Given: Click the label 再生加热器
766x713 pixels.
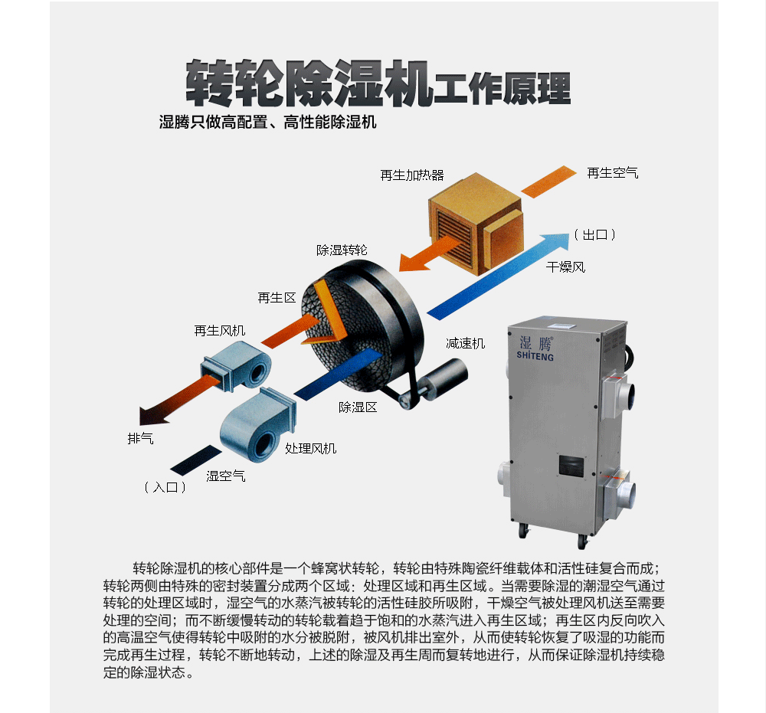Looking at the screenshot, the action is pyautogui.click(x=412, y=175).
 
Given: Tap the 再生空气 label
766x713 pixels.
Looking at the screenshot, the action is pyautogui.click(x=612, y=173).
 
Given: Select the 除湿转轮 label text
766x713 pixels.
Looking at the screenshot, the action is pyautogui.click(x=342, y=250).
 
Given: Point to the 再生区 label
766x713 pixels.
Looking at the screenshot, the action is pyautogui.click(x=277, y=297).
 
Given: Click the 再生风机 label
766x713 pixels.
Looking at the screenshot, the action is pyautogui.click(x=219, y=331).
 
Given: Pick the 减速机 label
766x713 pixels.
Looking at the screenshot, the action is pyautogui.click(x=465, y=343).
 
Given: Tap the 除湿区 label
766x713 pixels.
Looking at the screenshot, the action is pyautogui.click(x=358, y=407).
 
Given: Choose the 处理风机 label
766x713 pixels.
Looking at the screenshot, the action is pyautogui.click(x=311, y=448).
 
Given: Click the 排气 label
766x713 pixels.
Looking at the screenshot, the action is pyautogui.click(x=140, y=439).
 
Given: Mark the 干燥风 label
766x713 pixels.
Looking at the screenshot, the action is pyautogui.click(x=565, y=267).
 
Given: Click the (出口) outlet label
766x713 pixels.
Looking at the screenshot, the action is pyautogui.click(x=594, y=235).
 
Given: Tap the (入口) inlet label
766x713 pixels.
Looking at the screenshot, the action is pyautogui.click(x=165, y=487).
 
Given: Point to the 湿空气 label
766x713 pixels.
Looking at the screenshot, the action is pyautogui.click(x=225, y=476).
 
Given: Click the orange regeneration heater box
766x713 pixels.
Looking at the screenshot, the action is pyautogui.click(x=476, y=221).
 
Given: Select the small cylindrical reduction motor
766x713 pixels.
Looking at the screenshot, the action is pyautogui.click(x=436, y=382).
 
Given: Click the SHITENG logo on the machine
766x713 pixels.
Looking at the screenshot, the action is pyautogui.click(x=535, y=348).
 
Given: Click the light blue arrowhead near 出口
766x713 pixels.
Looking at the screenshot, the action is pyautogui.click(x=556, y=243).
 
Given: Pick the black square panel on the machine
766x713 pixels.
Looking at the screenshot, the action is pyautogui.click(x=571, y=466).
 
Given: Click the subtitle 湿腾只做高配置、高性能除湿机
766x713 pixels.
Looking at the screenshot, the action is pyautogui.click(x=267, y=122).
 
